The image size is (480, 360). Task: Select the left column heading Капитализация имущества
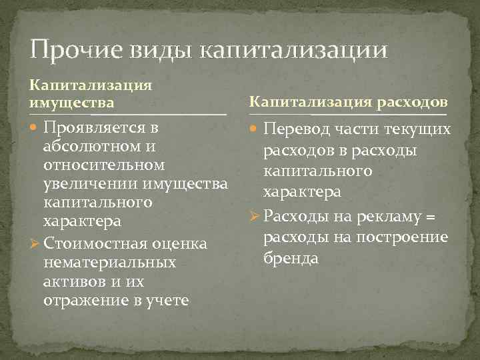tap(90, 94)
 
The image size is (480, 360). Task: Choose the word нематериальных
tap(109, 263)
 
